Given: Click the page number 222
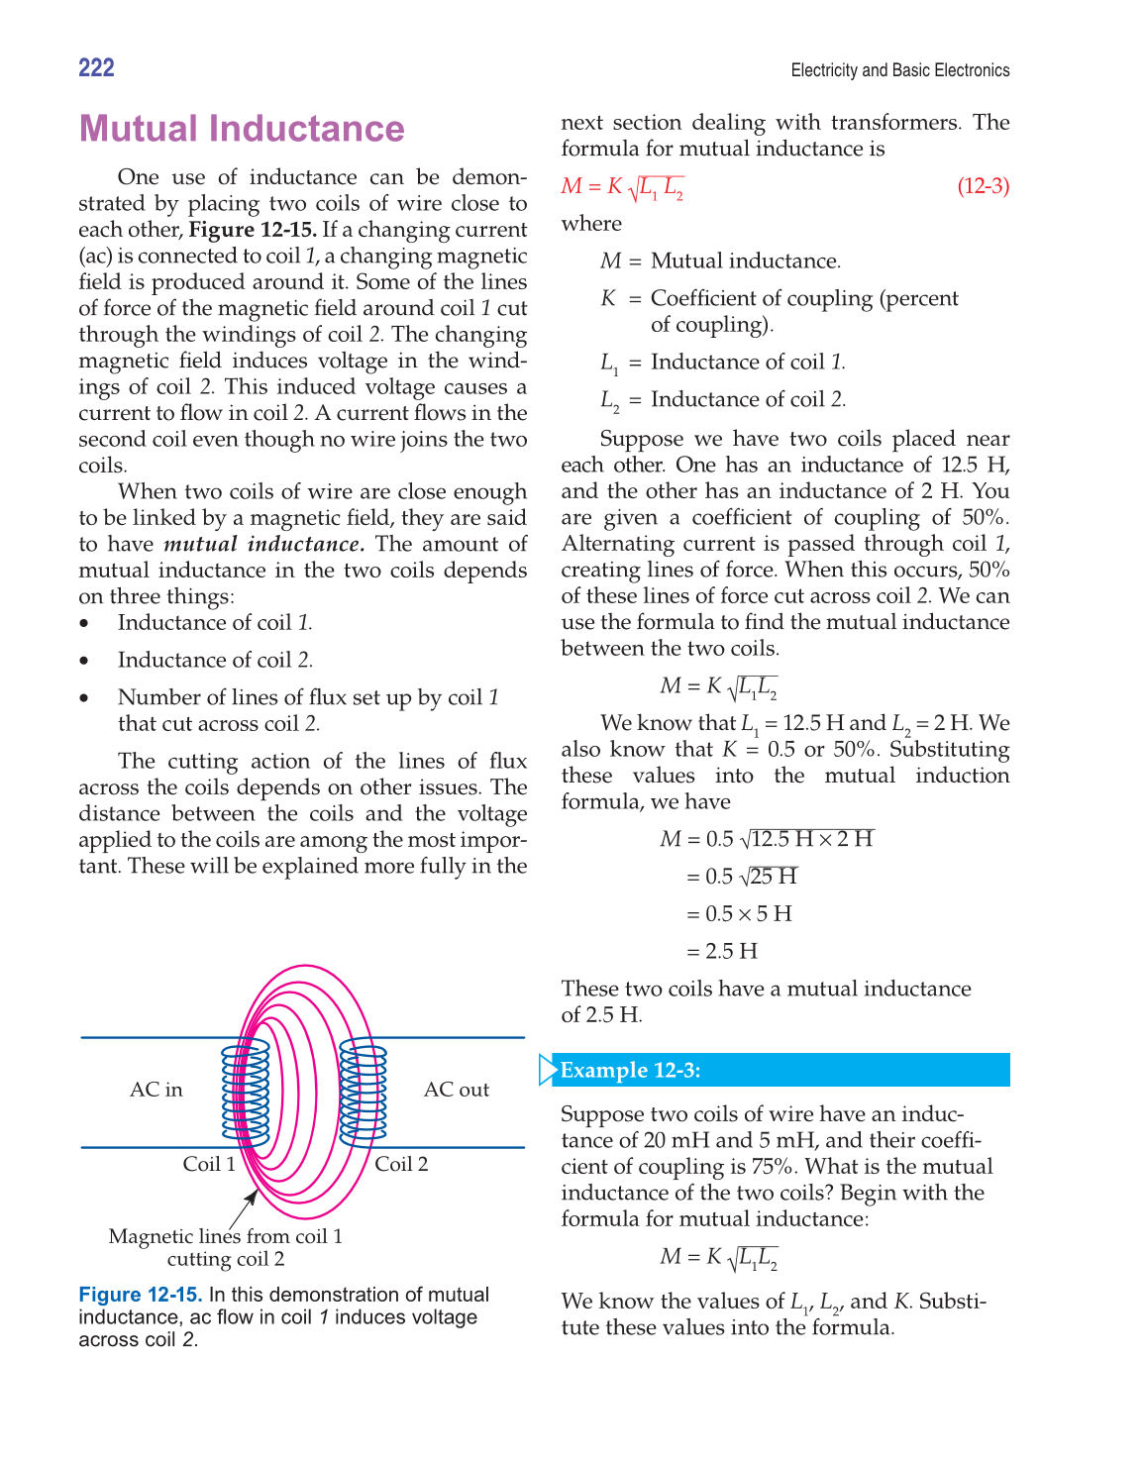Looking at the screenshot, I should coord(96,67).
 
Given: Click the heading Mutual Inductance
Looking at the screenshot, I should coord(242,129).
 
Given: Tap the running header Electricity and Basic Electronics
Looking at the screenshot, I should coord(899,70).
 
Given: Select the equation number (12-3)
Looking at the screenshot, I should coord(983,186).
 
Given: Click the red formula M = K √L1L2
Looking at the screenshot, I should coord(622,187).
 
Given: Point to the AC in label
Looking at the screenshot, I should coord(156,1090).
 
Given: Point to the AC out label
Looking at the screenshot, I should coord(457,1090).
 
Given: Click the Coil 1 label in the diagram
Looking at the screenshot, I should coord(209,1164).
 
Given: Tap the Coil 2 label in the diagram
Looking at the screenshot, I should coord(401,1164).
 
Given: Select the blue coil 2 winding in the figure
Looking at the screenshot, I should coord(364,1090).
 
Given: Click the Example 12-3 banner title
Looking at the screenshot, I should coord(631,1071).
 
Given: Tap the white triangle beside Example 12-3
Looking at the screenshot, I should coord(547,1071).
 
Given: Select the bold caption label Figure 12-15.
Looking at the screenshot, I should coord(140,1295).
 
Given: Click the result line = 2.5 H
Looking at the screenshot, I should coord(721,952).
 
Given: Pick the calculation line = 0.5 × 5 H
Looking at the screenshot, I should coord(738,914).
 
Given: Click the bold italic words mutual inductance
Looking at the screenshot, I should coord(263,544).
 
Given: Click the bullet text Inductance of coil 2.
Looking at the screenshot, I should coord(215,660).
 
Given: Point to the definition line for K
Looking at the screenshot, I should coord(779,299).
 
